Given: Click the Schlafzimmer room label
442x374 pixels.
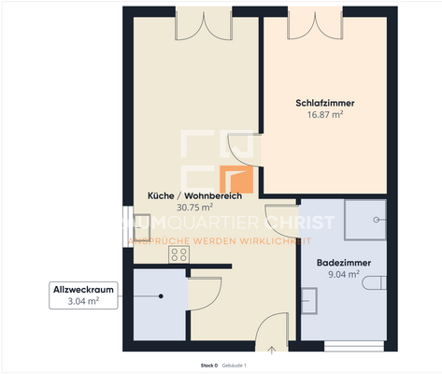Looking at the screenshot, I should coord(324,103).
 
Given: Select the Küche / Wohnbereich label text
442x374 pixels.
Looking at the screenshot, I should coord(194,195).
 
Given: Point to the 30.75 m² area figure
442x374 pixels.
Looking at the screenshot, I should coord(194,207).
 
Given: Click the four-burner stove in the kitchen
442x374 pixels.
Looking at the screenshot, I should coord(177,252).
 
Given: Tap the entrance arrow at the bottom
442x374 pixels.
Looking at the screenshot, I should coord(272,351).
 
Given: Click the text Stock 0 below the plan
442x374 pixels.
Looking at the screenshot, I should coord(208,366).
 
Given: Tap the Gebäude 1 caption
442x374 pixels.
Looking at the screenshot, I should coord(235,366).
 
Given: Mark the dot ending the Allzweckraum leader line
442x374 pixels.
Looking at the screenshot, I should coord(161,296).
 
